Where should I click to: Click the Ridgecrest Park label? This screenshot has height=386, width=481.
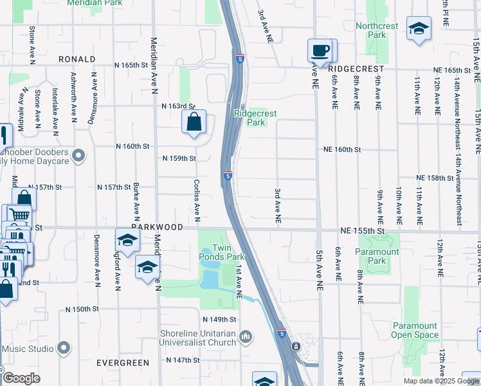pyautogui.click(x=255, y=118)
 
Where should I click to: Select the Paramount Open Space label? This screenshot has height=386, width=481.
pyautogui.click(x=415, y=331)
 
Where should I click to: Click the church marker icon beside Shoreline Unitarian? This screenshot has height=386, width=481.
pyautogui.click(x=245, y=336)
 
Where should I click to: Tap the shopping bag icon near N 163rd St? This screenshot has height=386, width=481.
pyautogui.click(x=194, y=121)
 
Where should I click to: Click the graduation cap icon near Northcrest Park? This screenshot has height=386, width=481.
pyautogui.click(x=419, y=28)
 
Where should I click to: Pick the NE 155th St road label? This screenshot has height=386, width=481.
pyautogui.click(x=362, y=230)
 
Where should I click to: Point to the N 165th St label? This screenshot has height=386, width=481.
pyautogui.click(x=131, y=65)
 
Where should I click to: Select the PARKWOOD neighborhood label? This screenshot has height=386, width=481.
pyautogui.click(x=155, y=227)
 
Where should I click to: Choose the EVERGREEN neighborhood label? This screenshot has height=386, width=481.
pyautogui.click(x=123, y=363)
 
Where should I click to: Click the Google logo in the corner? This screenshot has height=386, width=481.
pyautogui.click(x=21, y=378)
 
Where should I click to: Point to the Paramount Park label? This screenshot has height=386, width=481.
pyautogui.click(x=378, y=256)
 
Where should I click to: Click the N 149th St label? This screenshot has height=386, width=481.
pyautogui.click(x=219, y=320)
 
